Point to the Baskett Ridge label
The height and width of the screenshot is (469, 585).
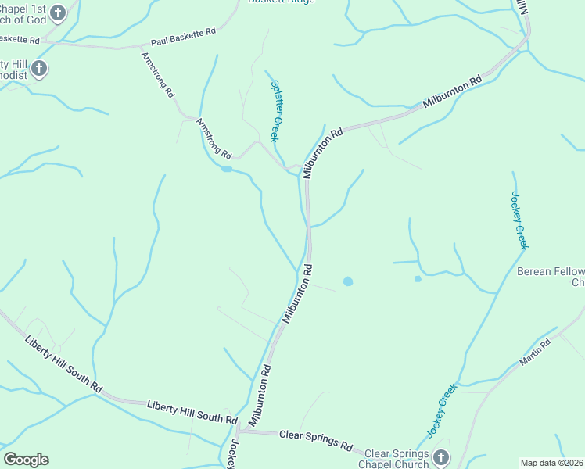tap(282, 2)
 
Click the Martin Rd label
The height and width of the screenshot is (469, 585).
tap(537, 353)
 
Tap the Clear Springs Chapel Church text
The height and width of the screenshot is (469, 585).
tap(397, 459)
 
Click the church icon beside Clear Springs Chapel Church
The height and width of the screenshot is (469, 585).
tap(441, 456)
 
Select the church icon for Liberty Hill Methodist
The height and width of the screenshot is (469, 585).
tap(40, 69)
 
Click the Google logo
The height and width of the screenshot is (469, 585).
tap(26, 460)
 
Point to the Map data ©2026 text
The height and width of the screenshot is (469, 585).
tap(551, 463)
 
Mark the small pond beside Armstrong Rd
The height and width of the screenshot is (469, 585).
tap(226, 168)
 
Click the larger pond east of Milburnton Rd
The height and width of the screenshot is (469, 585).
tap(347, 281)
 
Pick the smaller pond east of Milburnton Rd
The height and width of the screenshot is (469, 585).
tap(418, 278)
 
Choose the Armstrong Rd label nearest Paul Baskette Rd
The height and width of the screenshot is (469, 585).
tap(157, 75)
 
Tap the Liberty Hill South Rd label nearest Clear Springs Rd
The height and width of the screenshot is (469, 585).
tap(192, 412)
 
